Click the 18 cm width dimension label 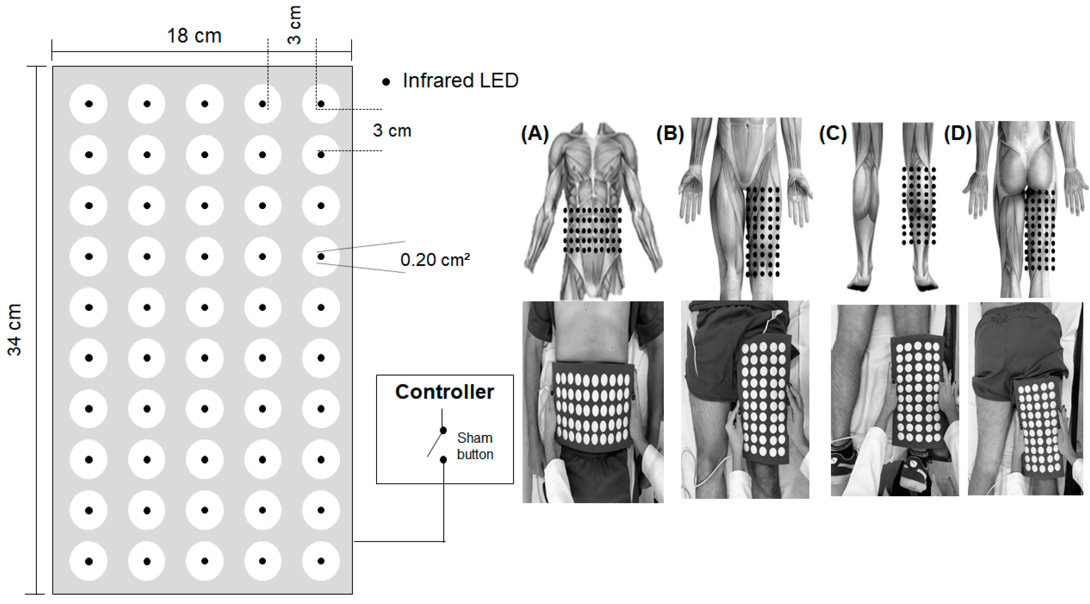[194, 36]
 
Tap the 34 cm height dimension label [14, 330]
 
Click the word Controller [444, 392]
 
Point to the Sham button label [475, 446]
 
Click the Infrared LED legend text [460, 81]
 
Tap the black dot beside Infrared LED [386, 82]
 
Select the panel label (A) [535, 133]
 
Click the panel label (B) [670, 133]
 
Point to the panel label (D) [958, 133]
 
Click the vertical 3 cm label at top [294, 25]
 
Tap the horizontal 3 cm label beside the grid [392, 131]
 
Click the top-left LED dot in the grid [89, 104]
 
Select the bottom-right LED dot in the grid [321, 561]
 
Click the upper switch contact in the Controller [443, 430]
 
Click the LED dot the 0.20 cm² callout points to [321, 256]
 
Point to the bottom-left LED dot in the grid [89, 561]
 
